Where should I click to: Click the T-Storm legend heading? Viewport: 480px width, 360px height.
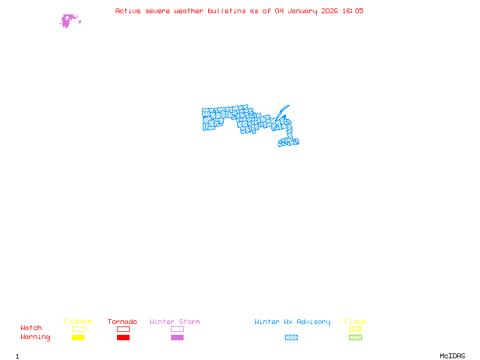[77, 322]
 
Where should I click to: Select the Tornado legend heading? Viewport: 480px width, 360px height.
[122, 322]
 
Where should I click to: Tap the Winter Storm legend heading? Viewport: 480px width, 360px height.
[175, 322]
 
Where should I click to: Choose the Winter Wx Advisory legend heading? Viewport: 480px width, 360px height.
[292, 322]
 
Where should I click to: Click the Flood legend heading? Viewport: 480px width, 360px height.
[355, 322]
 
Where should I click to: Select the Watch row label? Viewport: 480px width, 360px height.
[31, 328]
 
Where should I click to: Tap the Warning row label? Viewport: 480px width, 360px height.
[35, 337]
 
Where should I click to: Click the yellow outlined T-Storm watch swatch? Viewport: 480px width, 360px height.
[78, 329]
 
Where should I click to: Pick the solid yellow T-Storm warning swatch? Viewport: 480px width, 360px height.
[78, 338]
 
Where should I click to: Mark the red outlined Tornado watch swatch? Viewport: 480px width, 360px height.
[123, 329]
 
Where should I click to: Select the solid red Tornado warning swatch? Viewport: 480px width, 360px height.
[123, 338]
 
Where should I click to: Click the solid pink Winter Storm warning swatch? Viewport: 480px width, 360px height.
[177, 338]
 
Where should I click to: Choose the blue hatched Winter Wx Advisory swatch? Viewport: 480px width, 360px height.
[291, 338]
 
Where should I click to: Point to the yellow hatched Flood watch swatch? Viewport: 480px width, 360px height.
[355, 329]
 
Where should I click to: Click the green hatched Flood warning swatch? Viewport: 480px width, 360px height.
[355, 338]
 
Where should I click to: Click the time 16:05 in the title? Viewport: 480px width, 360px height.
[353, 11]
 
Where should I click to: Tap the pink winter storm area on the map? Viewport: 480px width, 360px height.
[67, 21]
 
